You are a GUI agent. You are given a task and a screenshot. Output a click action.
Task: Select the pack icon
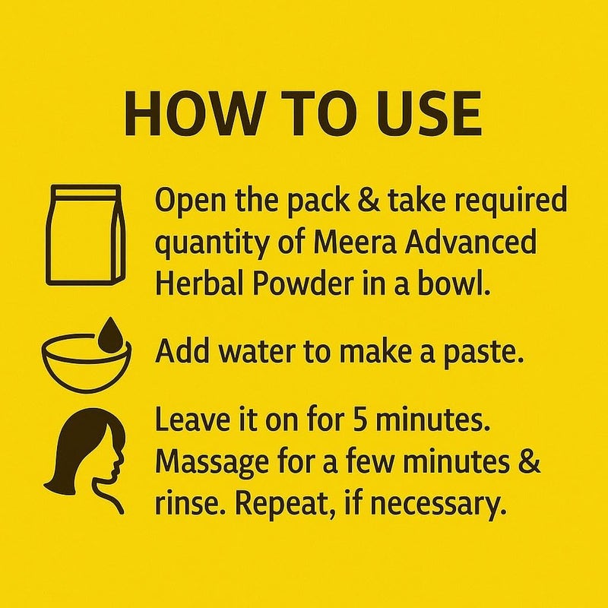[x=84, y=233]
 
